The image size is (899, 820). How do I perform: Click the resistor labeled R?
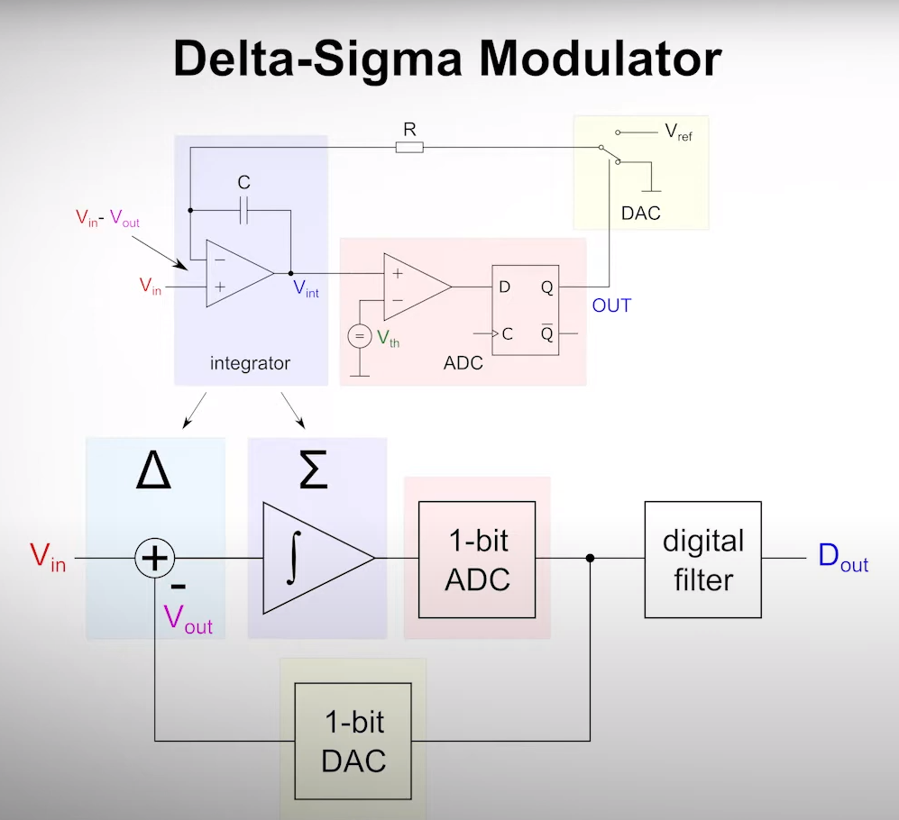pyautogui.click(x=409, y=147)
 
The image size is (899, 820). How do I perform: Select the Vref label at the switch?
pyautogui.click(x=678, y=132)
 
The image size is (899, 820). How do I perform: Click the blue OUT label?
pyautogui.click(x=611, y=306)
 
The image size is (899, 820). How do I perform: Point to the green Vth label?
pyautogui.click(x=388, y=339)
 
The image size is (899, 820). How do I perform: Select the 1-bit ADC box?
pyautogui.click(x=477, y=560)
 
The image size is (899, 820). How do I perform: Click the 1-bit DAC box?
pyautogui.click(x=353, y=741)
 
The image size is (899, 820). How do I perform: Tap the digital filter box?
pyautogui.click(x=702, y=560)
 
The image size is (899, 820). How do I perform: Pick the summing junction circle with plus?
pyautogui.click(x=155, y=559)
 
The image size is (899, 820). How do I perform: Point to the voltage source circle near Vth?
pyautogui.click(x=359, y=338)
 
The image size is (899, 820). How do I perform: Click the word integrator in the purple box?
pyautogui.click(x=250, y=364)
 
